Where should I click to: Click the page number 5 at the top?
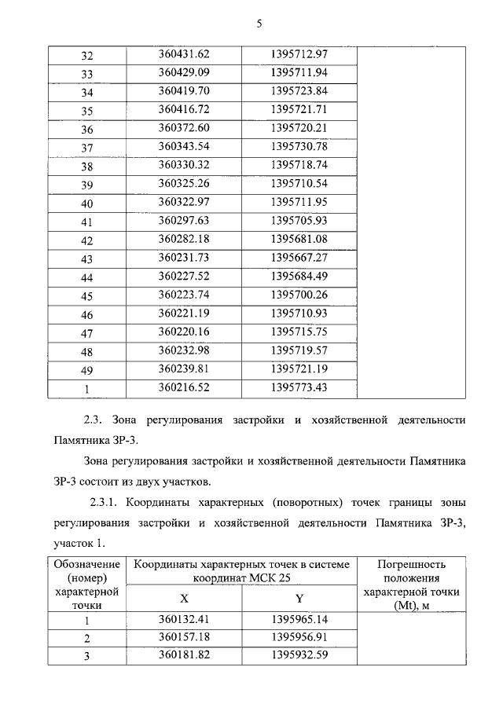pos(258,24)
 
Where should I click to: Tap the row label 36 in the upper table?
pos(87,130)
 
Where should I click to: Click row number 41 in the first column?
pos(87,222)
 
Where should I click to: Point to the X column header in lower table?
pos(184,599)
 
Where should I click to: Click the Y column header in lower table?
pos(299,599)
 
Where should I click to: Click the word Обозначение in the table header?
pos(87,564)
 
